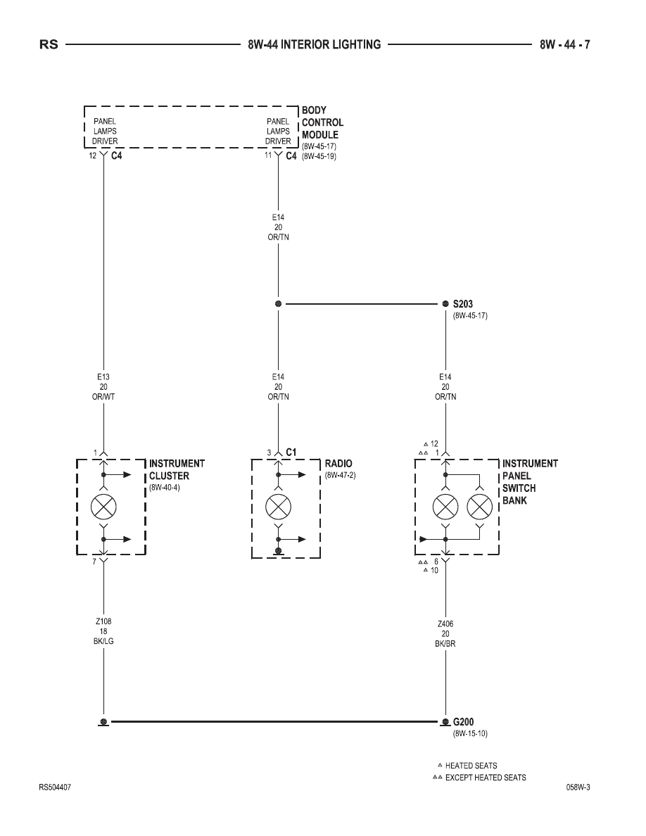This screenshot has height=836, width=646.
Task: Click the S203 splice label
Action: (x=462, y=304)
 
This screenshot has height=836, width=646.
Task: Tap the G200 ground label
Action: (x=463, y=722)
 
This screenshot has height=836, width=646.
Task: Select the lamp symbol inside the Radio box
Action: (x=278, y=507)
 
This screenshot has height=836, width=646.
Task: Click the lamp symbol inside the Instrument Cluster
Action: (x=104, y=507)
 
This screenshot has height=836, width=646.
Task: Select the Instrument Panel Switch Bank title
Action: (x=530, y=482)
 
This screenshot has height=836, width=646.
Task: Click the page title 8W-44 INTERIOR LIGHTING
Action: (x=315, y=45)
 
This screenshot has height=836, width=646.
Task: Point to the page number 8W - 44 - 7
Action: (x=564, y=45)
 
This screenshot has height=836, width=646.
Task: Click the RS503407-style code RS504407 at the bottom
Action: (x=55, y=787)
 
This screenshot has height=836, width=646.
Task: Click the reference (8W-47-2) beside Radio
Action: (x=340, y=476)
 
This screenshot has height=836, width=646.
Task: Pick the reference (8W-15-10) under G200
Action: (x=470, y=734)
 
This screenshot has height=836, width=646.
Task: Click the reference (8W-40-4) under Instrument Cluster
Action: (x=165, y=488)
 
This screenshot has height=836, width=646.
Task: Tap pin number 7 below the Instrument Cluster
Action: (x=94, y=562)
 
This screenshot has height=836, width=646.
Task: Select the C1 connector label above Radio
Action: (x=291, y=452)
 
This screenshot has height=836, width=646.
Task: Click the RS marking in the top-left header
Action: (x=49, y=45)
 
